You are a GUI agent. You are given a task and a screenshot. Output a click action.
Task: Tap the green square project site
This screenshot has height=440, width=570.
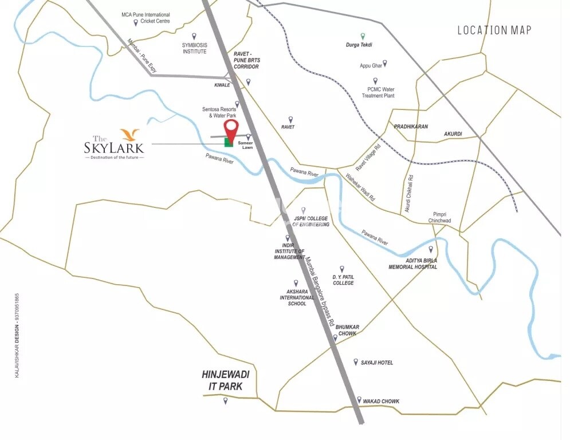(x=229, y=142)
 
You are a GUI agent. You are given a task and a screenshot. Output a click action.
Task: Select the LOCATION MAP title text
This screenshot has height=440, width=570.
(x=494, y=30)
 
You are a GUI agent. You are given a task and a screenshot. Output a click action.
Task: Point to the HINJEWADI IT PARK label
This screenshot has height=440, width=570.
(x=225, y=380)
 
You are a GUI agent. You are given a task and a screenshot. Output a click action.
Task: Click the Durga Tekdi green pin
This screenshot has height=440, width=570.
(x=362, y=36)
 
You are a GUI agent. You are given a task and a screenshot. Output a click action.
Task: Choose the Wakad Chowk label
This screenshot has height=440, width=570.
(x=381, y=401)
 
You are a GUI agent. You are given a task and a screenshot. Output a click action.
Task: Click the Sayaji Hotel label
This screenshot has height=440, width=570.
(x=376, y=363)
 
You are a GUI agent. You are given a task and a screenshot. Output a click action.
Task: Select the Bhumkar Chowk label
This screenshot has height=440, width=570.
(x=347, y=330)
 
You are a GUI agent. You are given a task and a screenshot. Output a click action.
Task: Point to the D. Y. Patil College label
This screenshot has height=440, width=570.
(x=343, y=280)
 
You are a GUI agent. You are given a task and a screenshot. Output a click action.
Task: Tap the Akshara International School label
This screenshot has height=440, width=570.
(x=297, y=297)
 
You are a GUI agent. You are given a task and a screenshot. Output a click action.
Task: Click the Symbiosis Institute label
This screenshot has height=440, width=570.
(x=194, y=48)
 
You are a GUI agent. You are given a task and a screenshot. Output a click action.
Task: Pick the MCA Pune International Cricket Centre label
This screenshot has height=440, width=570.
(x=146, y=18)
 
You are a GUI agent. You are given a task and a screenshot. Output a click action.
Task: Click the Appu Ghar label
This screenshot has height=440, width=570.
(x=371, y=66)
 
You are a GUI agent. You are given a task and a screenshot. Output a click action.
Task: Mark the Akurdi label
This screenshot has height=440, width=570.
(x=453, y=134)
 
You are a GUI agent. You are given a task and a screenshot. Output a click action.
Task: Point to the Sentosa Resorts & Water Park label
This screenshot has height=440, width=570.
(x=219, y=112)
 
